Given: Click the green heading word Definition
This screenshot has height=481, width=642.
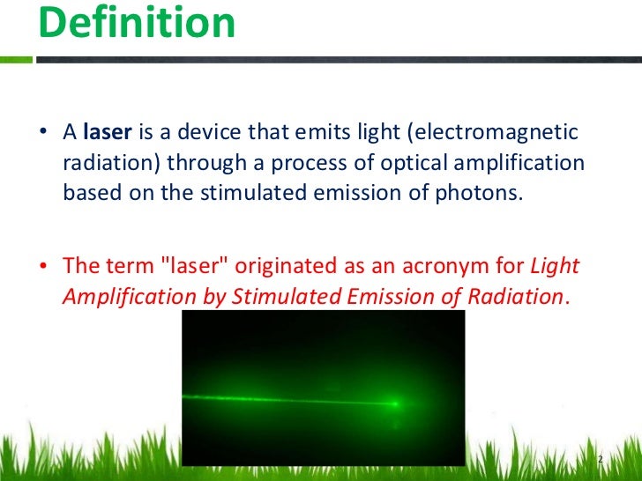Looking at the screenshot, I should coord(137,24).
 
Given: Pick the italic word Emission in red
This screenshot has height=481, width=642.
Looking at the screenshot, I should coord(384,296).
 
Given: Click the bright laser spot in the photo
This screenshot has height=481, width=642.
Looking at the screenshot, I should coord(396,404).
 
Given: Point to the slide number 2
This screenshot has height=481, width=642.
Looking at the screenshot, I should coord(600,461).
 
